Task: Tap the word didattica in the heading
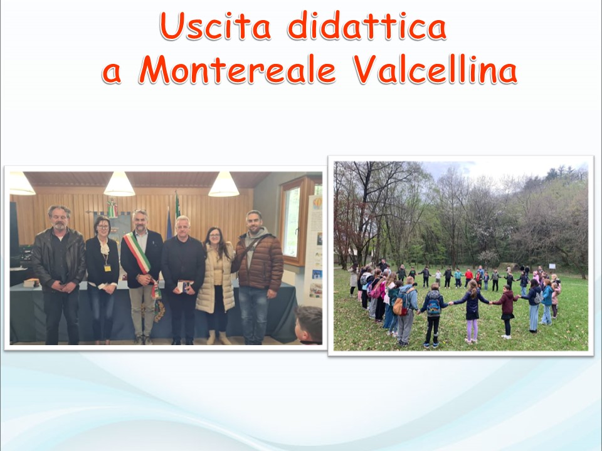point(367,25)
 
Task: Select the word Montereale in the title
point(237,70)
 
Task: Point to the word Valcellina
point(435,70)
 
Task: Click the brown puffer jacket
point(260,261)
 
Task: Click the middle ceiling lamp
point(119,184)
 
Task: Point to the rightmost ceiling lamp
point(224,185)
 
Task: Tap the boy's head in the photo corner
point(309,324)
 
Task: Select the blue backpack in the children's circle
point(434,306)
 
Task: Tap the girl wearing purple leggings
point(472,311)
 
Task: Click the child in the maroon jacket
point(507,311)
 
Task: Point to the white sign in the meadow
point(552,266)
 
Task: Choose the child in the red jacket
point(468,278)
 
